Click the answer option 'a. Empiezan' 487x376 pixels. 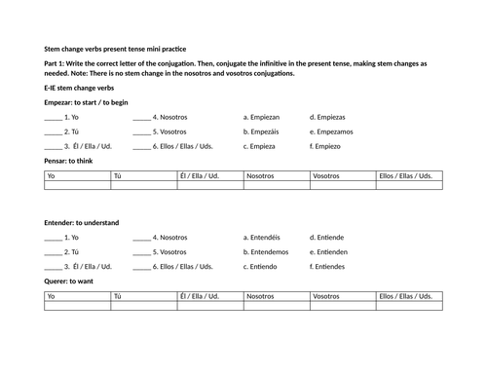264,116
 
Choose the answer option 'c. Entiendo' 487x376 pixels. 263,266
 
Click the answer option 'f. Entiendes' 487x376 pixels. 328,266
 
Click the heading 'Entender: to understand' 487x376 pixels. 82,222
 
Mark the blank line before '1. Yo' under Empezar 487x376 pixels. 53,117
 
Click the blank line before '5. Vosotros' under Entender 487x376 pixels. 141,251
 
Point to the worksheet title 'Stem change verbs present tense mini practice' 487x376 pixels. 116,48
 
